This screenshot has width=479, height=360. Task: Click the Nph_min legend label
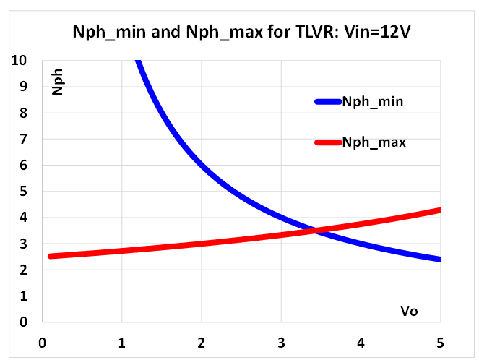click(373, 102)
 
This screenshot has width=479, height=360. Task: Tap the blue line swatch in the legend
click(328, 102)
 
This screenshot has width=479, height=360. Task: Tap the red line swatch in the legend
click(328, 142)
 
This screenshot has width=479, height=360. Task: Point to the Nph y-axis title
click(58, 85)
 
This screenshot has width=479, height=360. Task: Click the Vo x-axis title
click(410, 312)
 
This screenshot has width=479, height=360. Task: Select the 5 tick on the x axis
click(439, 341)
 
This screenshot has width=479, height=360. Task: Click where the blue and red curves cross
click(314, 231)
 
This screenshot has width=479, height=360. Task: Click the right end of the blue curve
click(439, 260)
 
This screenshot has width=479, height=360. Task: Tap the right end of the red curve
click(439, 210)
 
